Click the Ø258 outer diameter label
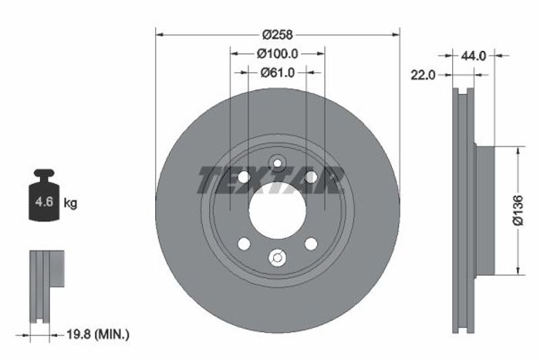tap(277, 35)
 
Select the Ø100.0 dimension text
tap(277, 54)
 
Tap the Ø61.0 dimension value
tap(278, 72)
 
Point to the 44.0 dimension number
tap(473, 56)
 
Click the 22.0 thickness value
tap(423, 75)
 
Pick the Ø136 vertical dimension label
tap(518, 210)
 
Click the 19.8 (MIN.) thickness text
tap(98, 334)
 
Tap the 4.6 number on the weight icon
tap(44, 201)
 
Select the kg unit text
tap(70, 204)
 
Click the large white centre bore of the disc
tap(277, 210)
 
